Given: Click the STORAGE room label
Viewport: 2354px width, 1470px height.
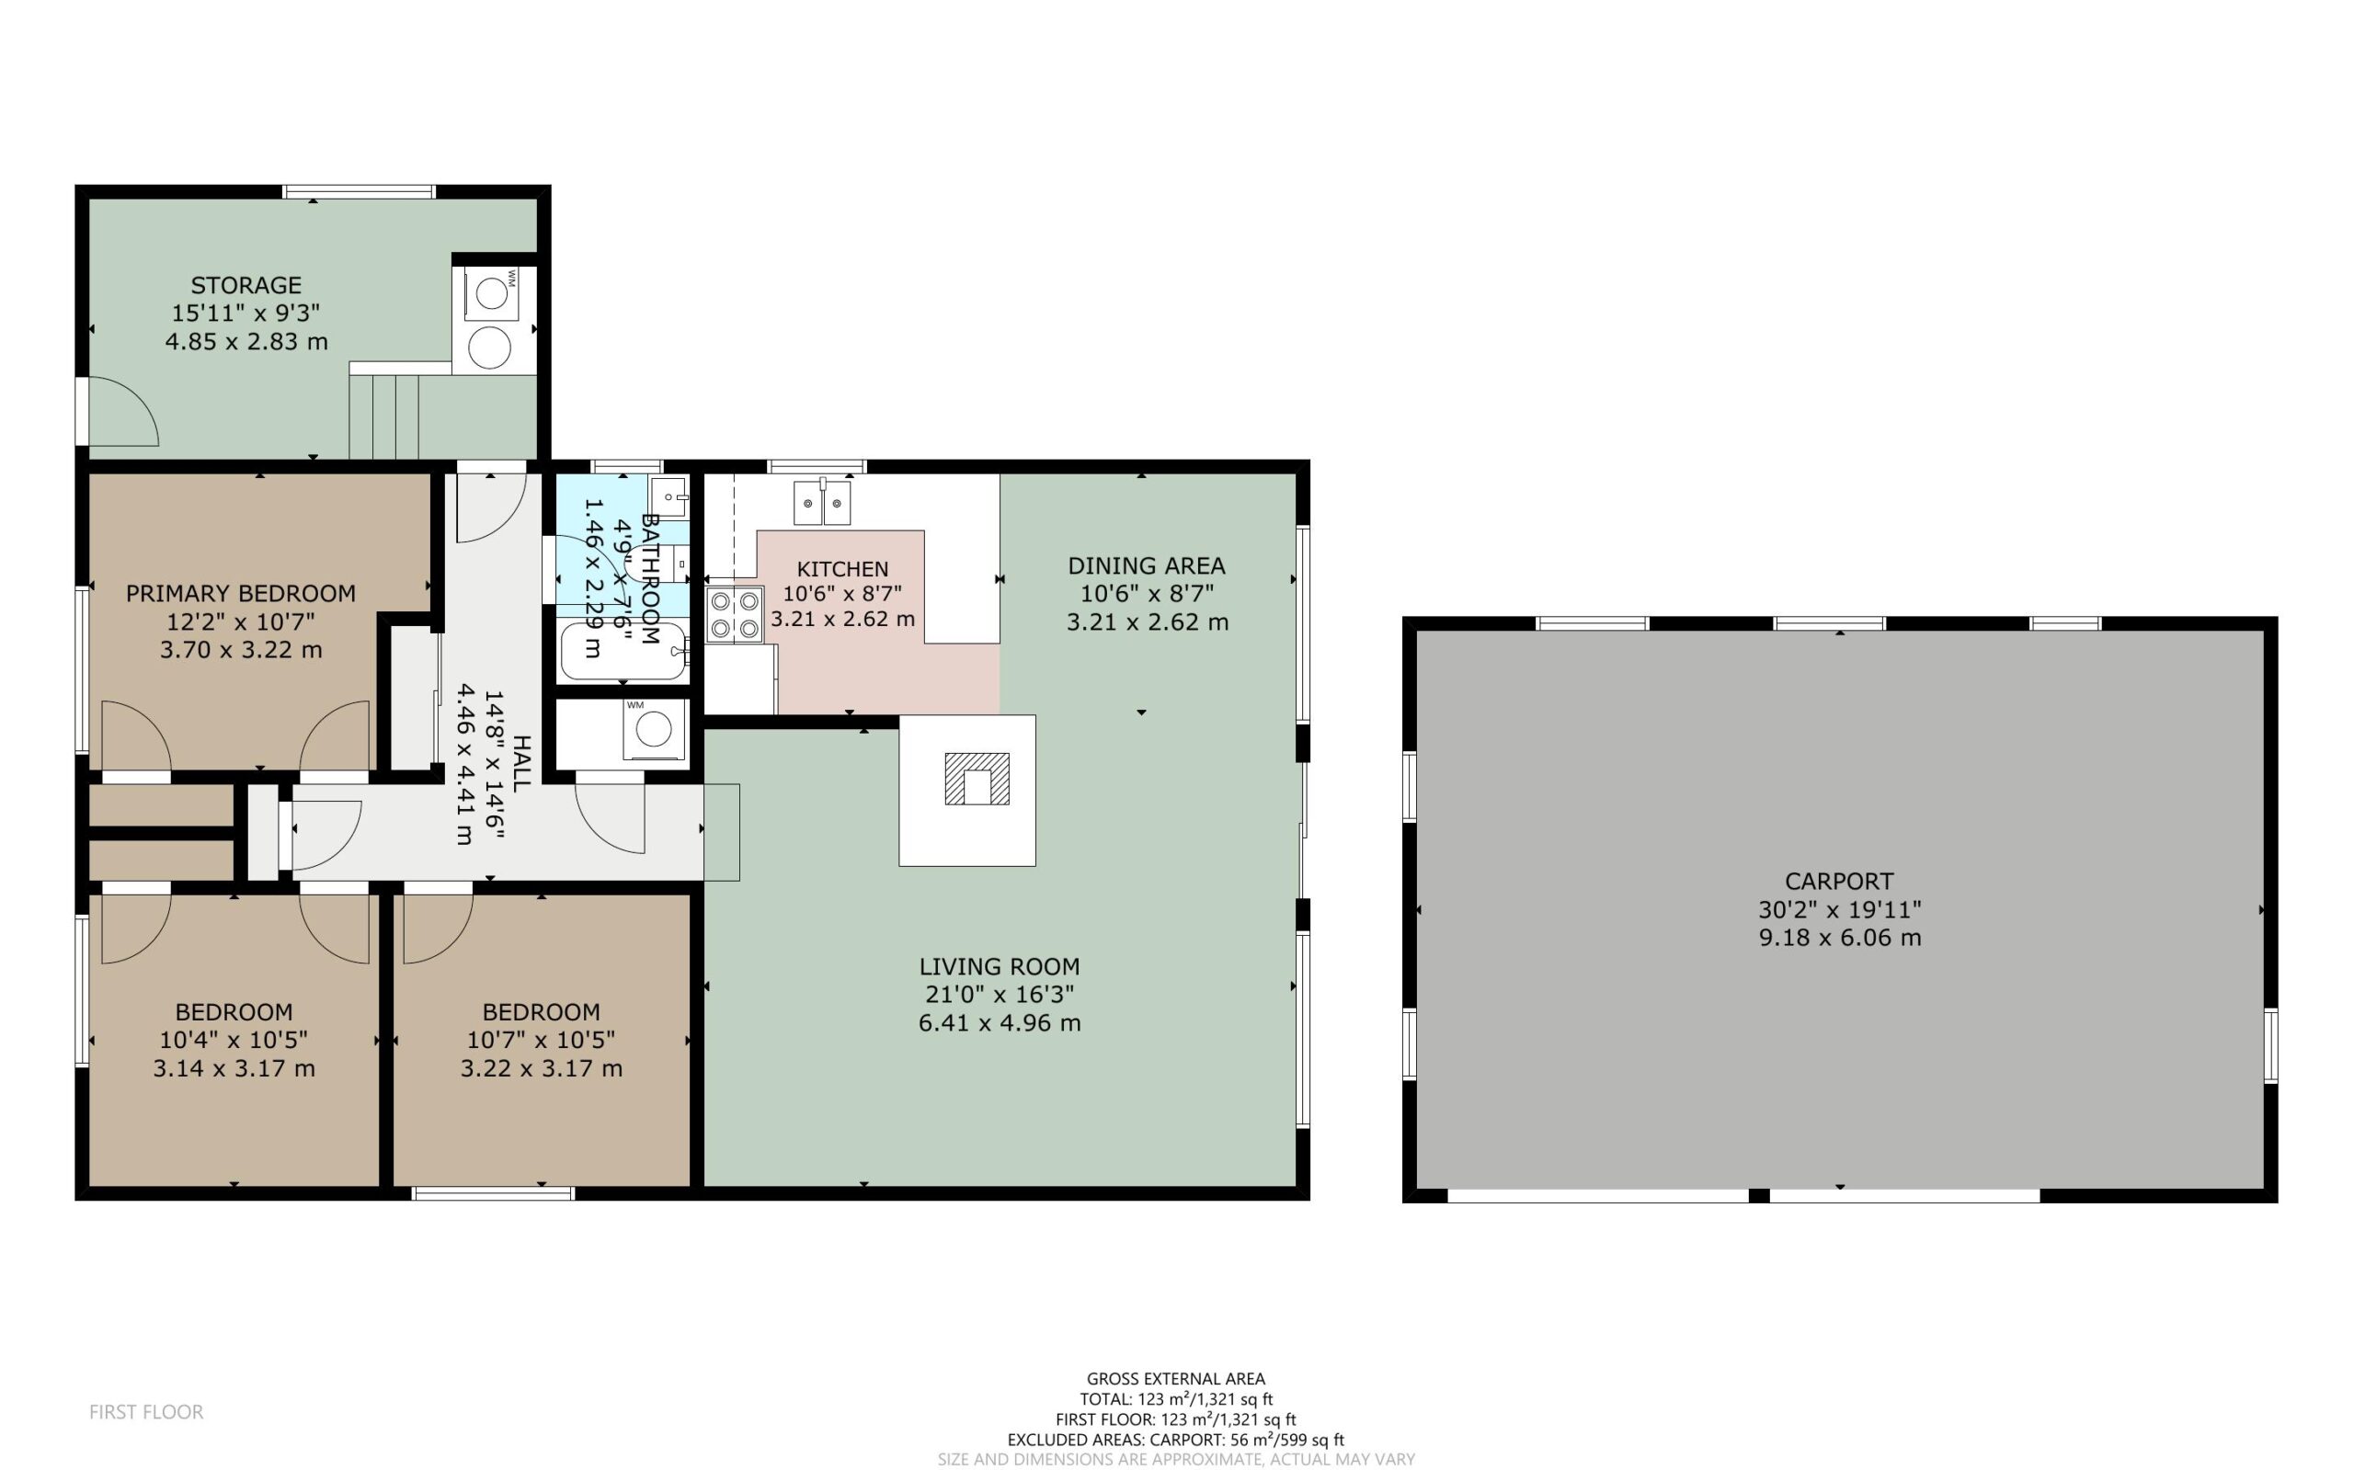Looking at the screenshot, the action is (246, 285).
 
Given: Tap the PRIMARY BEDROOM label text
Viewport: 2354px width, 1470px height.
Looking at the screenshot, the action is (241, 593).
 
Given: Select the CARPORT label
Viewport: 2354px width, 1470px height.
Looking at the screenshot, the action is (1839, 882).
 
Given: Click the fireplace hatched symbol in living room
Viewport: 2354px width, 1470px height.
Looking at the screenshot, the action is (977, 779).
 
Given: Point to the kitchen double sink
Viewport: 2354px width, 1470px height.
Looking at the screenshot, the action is (822, 502).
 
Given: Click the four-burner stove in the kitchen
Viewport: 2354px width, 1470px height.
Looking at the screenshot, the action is (734, 615).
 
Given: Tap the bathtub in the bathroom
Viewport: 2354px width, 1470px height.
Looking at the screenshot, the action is (623, 652).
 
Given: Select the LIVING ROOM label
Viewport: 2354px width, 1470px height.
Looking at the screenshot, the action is (1000, 966).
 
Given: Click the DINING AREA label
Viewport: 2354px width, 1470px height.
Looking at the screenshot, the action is (1147, 565).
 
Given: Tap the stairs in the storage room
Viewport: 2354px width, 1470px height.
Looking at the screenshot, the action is (384, 416).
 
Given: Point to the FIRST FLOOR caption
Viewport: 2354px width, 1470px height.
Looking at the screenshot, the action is (147, 1412).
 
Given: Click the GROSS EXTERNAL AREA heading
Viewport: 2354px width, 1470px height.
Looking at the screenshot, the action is (1175, 1379).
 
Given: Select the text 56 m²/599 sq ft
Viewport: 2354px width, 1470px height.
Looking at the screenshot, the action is (1287, 1440).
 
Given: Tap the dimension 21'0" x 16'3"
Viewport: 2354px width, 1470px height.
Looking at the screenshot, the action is (1000, 995).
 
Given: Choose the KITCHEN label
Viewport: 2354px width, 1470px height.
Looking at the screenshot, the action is (842, 570).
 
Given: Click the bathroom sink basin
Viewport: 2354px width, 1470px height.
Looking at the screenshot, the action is (669, 496).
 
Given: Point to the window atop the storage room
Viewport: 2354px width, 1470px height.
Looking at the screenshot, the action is (359, 191).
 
